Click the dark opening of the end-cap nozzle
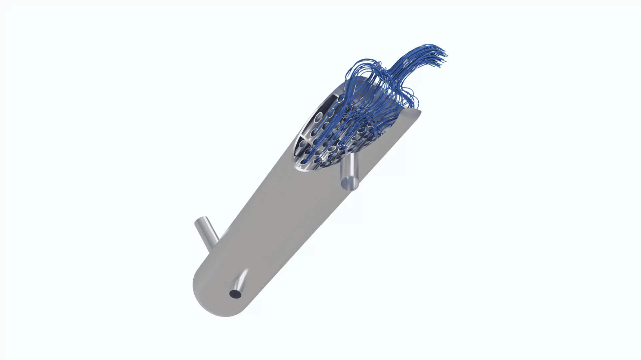(x=235, y=294)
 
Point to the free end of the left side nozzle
(x=201, y=221)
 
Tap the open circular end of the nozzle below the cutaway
(x=350, y=183)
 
